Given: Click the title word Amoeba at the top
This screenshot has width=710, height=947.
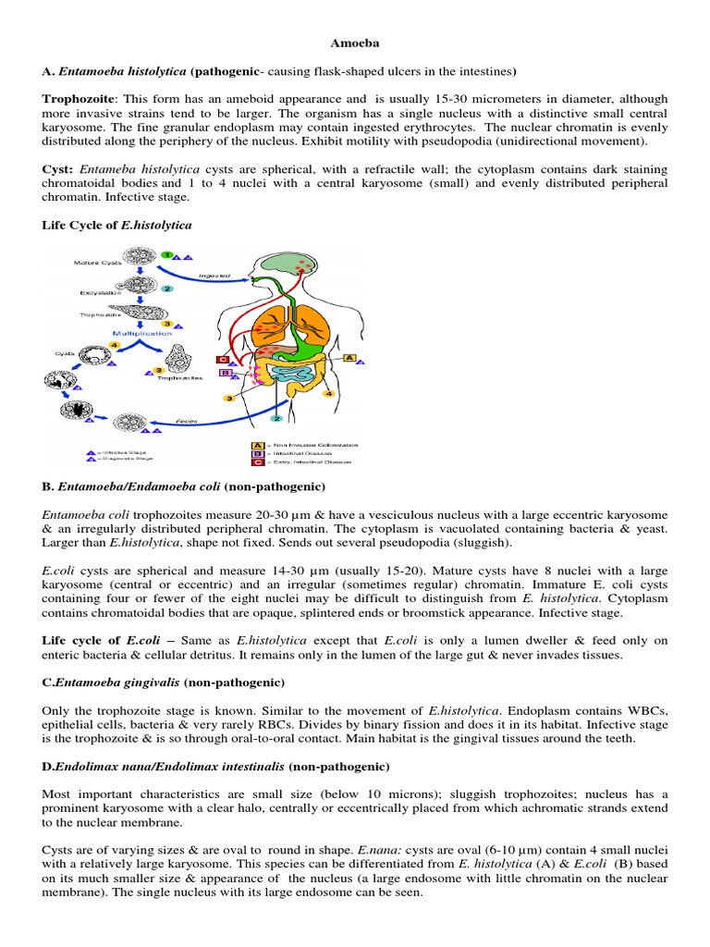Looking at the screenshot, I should [355, 43].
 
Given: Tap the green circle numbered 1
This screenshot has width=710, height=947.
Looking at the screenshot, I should [166, 254].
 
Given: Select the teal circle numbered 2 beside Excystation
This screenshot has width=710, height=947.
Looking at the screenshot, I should [167, 288].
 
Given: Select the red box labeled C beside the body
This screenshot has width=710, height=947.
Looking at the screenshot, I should [222, 360].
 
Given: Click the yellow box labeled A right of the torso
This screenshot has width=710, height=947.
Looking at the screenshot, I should [349, 357].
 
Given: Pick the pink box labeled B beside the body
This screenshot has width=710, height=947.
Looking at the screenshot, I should [225, 374].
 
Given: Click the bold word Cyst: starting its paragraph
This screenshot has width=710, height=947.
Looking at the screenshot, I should [58, 169].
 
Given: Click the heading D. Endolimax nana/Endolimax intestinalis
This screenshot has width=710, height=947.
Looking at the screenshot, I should [216, 767].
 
